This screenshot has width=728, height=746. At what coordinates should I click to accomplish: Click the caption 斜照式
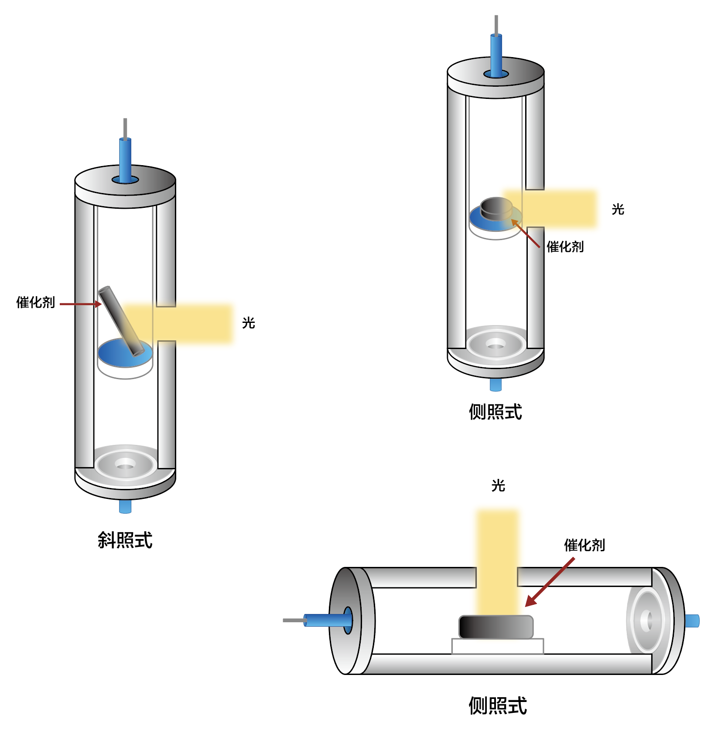pos(125,540)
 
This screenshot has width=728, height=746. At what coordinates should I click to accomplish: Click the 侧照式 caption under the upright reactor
pos(495,412)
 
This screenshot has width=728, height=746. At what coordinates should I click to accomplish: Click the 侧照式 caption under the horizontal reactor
pos(498,705)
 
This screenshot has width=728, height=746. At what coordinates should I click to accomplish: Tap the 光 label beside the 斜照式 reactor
pos(248,323)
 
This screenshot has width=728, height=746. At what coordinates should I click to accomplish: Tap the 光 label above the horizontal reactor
pos(498,485)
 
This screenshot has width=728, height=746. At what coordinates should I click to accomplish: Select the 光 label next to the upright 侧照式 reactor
pos(618,210)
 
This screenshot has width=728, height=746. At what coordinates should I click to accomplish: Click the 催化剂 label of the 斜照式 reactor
pos(35,302)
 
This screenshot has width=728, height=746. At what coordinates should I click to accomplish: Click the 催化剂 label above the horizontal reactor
pos(584,545)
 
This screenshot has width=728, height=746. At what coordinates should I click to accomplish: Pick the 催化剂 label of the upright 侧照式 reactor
pos(565,247)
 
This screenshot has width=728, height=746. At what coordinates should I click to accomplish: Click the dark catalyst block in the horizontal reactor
pos(496,627)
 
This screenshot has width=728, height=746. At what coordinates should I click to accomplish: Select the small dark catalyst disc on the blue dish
pos(496,208)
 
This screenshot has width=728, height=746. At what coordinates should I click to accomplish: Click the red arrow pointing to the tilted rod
pos(81,304)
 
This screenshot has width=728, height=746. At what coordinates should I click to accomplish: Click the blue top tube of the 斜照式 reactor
pos(125,159)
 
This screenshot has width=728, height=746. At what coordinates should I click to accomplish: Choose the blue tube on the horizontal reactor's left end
pos(327,620)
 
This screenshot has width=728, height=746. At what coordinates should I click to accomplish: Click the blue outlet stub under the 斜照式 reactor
pos(125,507)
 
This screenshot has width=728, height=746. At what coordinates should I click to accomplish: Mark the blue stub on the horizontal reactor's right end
pos(692,621)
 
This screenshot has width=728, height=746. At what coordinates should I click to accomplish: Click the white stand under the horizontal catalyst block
pos(497,646)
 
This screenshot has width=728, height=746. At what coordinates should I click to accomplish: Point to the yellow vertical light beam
pos(497,562)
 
